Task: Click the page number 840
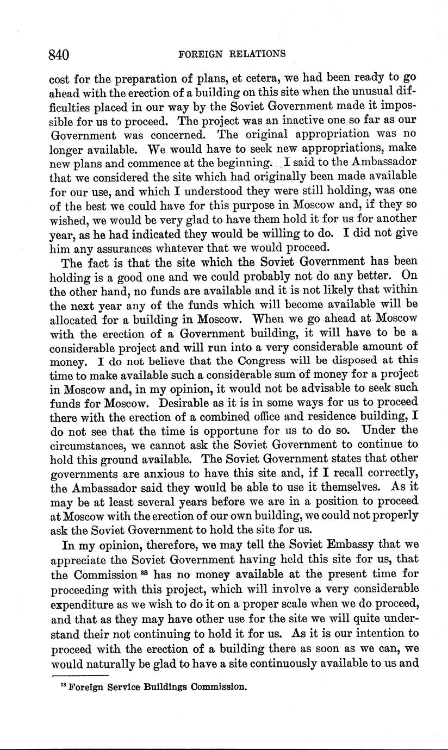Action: coord(60,54)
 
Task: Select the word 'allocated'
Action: coord(76,319)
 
